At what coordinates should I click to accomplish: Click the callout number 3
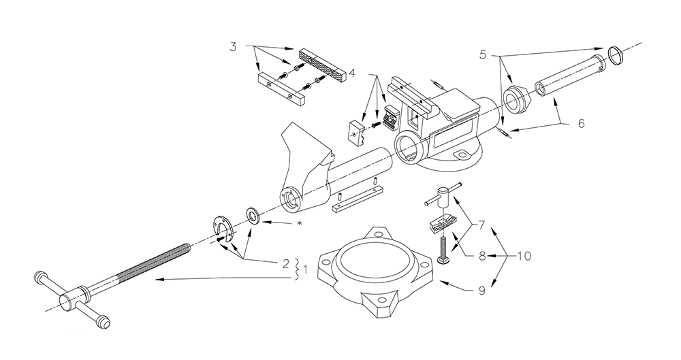tap(234, 46)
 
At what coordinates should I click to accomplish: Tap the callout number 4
tap(352, 73)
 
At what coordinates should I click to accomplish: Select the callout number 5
tap(484, 54)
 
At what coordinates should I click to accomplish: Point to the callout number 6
tap(581, 123)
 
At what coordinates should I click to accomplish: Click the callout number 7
tap(481, 225)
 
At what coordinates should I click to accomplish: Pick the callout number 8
tap(481, 256)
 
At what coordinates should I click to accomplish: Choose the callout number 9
tap(481, 291)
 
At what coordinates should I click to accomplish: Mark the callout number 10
tap(524, 256)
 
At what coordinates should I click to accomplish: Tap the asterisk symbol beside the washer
tap(299, 223)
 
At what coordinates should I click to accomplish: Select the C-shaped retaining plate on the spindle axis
tap(223, 227)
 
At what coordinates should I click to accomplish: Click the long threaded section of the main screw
tap(152, 265)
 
